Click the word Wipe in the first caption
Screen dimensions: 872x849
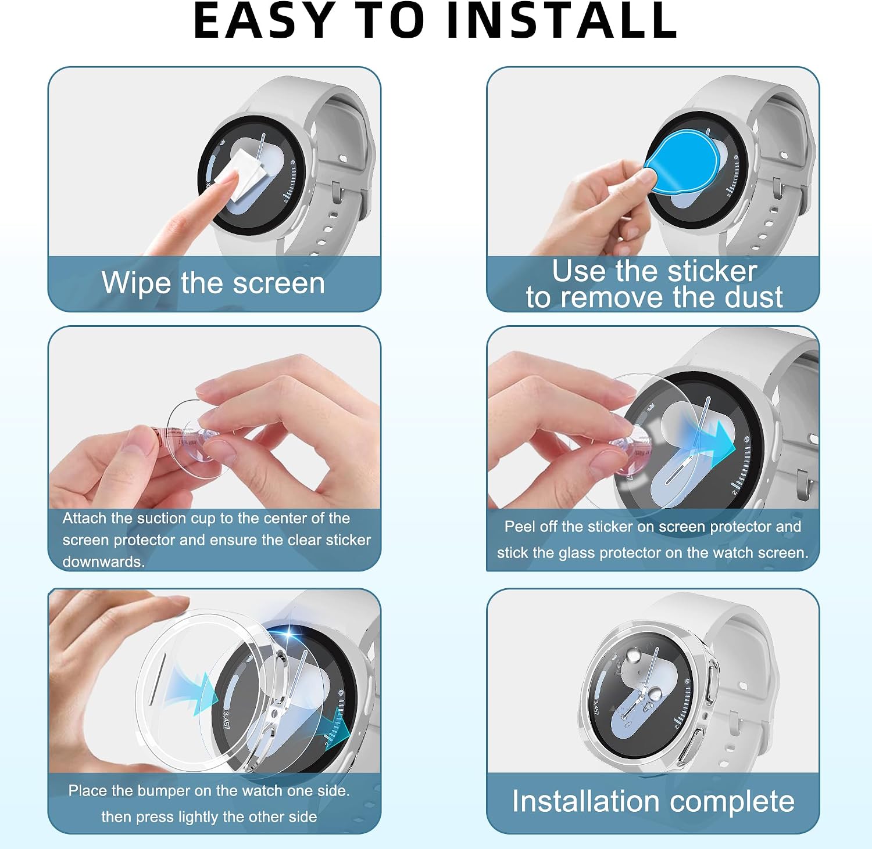[x=137, y=283]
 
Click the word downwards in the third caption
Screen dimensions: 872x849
[x=103, y=562]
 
